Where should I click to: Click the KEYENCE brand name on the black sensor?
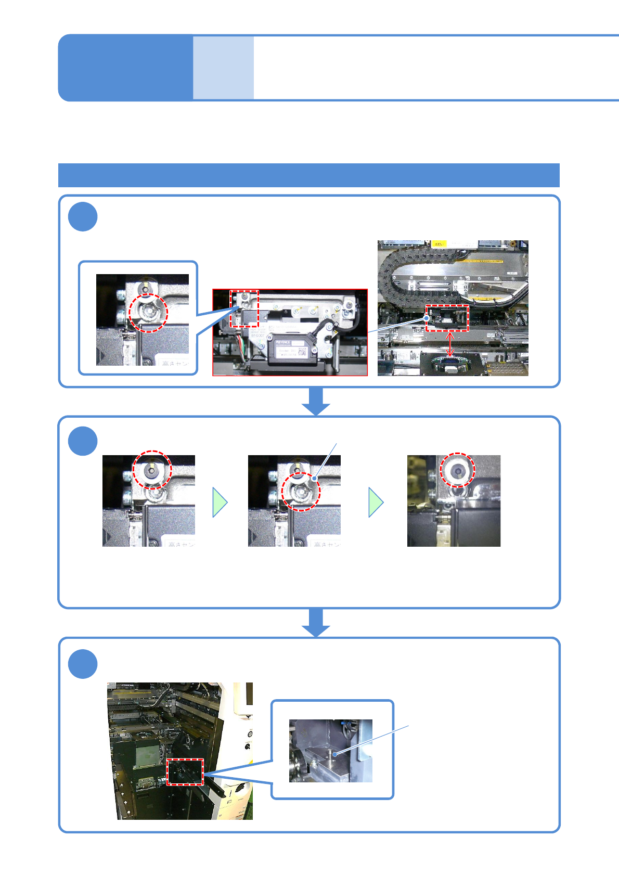pyautogui.click(x=283, y=343)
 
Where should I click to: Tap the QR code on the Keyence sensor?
pyautogui.click(x=302, y=352)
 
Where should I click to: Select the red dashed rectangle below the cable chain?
pyautogui.click(x=447, y=318)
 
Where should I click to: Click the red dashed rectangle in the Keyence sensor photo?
pyautogui.click(x=244, y=309)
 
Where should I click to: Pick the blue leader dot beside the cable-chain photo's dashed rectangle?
pyautogui.click(x=427, y=318)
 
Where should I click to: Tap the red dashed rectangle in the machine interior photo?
pyautogui.click(x=185, y=771)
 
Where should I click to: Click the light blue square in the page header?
pyautogui.click(x=223, y=68)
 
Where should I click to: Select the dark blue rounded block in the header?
pyautogui.click(x=125, y=68)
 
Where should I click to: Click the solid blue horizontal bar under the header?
pyautogui.click(x=308, y=175)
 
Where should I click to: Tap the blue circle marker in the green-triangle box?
pyautogui.click(x=83, y=441)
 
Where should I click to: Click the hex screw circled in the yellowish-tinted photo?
pyautogui.click(x=458, y=470)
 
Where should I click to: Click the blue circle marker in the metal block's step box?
pyautogui.click(x=83, y=664)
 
